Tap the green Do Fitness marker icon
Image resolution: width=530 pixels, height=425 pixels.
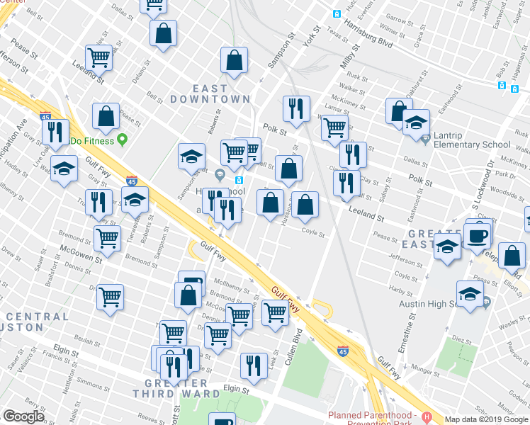pyautogui.click(x=122, y=140)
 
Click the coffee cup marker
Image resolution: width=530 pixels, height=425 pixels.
pyautogui.click(x=477, y=235)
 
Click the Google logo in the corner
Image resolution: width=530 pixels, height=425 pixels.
pyautogui.click(x=24, y=416)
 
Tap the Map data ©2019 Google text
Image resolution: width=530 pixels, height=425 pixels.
pyautogui.click(x=485, y=419)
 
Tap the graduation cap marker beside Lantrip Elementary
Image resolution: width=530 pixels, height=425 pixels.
pyautogui.click(x=416, y=121)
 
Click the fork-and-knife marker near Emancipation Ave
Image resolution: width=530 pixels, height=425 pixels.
pyautogui.click(x=54, y=132)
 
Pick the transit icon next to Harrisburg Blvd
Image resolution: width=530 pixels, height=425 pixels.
pyautogui.click(x=337, y=14)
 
